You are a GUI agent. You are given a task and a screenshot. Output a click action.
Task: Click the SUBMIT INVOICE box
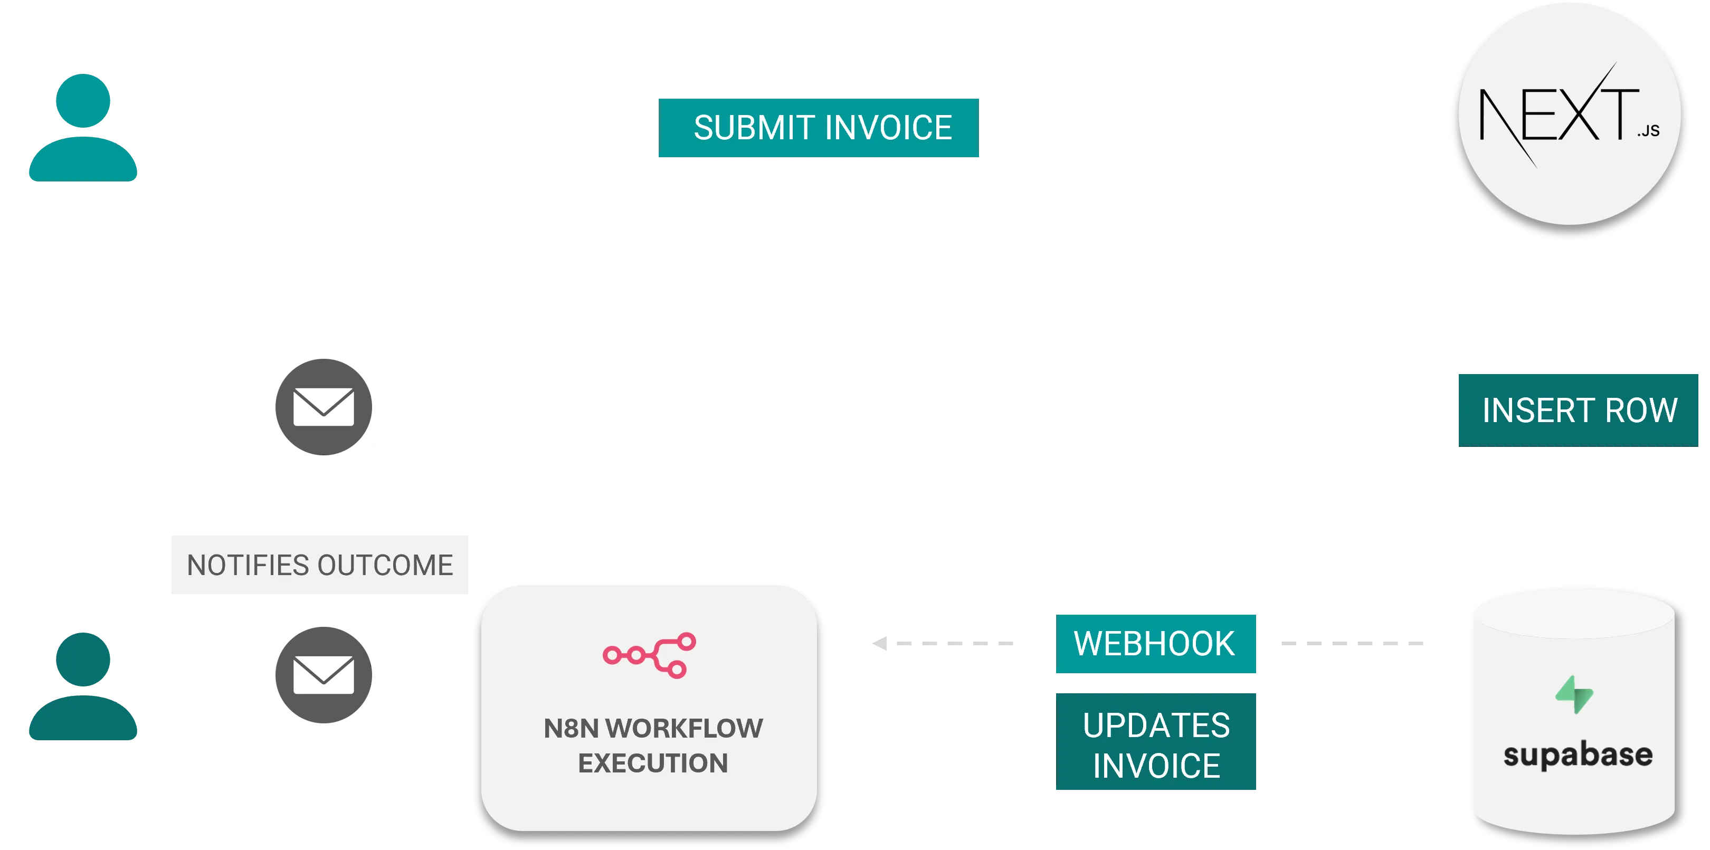[819, 128]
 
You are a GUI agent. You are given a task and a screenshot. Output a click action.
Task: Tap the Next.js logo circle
[1569, 113]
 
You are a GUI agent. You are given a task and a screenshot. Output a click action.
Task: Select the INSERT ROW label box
[1579, 409]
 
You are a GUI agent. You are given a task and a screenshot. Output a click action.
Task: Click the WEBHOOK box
[1156, 643]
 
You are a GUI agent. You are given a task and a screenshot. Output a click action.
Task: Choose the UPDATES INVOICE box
[1156, 743]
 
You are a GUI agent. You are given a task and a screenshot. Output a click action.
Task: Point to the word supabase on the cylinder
[1577, 755]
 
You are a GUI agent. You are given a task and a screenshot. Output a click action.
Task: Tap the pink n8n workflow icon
[649, 655]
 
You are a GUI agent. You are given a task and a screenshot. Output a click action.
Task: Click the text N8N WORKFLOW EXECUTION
[652, 745]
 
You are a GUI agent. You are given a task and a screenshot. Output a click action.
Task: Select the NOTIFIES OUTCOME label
[319, 564]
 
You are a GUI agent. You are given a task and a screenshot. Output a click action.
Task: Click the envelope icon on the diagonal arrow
[324, 407]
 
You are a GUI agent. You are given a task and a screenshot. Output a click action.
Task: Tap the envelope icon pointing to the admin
[324, 674]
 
